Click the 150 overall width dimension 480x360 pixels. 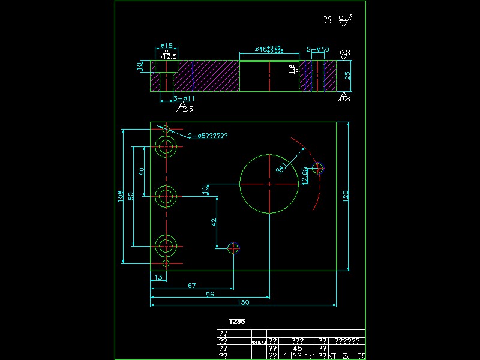(x=244, y=302)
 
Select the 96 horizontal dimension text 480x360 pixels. (x=210, y=294)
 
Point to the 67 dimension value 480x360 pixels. (x=192, y=286)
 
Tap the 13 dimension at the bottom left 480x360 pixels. (x=158, y=277)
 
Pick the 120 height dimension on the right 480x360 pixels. (x=346, y=196)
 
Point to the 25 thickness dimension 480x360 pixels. (x=347, y=75)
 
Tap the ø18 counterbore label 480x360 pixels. (x=167, y=46)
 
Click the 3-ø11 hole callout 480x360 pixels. (x=184, y=98)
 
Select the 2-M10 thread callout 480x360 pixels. (x=318, y=49)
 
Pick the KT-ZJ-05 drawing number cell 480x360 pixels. (x=347, y=356)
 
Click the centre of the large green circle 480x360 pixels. (x=269, y=183)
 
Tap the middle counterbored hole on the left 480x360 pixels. (x=166, y=196)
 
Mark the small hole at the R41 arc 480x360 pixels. (x=317, y=168)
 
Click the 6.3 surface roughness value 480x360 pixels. (x=345, y=17)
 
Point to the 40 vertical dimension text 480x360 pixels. (x=142, y=171)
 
